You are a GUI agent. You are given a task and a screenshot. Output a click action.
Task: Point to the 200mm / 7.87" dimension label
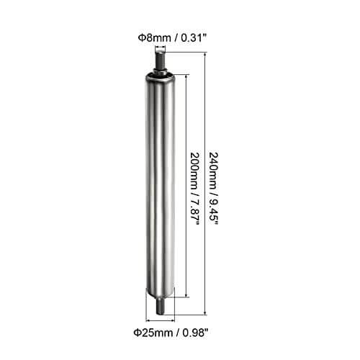[195, 186]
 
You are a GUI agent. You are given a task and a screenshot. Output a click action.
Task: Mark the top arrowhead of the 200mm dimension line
[187, 75]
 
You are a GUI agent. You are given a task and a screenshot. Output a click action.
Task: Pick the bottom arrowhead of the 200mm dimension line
[187, 294]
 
